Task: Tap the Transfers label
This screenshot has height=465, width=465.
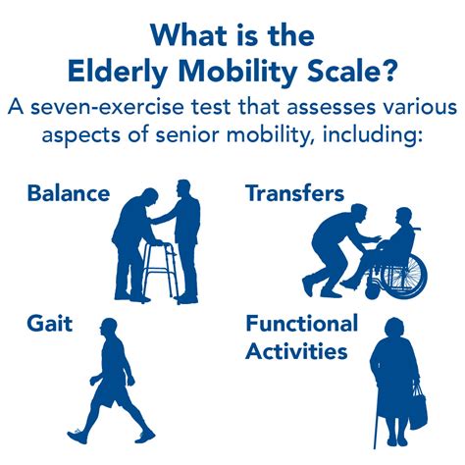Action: coord(295,194)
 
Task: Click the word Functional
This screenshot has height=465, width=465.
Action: coord(302,325)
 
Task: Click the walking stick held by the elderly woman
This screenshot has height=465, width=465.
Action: coord(377,416)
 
